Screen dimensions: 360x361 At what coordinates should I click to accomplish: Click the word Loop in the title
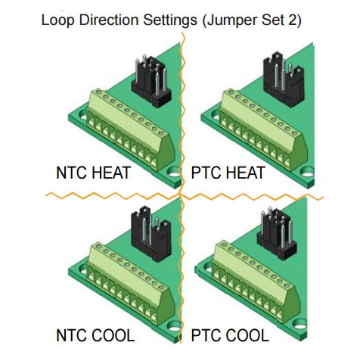click(57, 20)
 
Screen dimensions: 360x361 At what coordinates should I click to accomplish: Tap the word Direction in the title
click(108, 20)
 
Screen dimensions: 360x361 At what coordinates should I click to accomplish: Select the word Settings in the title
click(170, 20)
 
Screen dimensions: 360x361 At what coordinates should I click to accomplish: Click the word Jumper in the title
click(229, 20)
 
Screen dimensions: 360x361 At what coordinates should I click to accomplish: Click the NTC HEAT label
click(93, 173)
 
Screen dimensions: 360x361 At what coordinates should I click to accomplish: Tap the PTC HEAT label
click(228, 173)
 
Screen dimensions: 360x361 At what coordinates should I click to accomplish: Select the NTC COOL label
click(95, 335)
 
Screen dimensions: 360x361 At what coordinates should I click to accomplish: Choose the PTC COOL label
click(230, 335)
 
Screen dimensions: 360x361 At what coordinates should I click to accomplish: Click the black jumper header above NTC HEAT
click(151, 81)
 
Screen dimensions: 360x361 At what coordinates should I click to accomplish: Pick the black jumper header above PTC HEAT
click(284, 79)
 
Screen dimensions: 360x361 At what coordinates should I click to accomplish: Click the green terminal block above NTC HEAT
click(131, 130)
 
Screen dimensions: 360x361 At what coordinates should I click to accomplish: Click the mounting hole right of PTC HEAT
click(308, 173)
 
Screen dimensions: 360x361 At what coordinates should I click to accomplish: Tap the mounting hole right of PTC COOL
click(300, 326)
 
